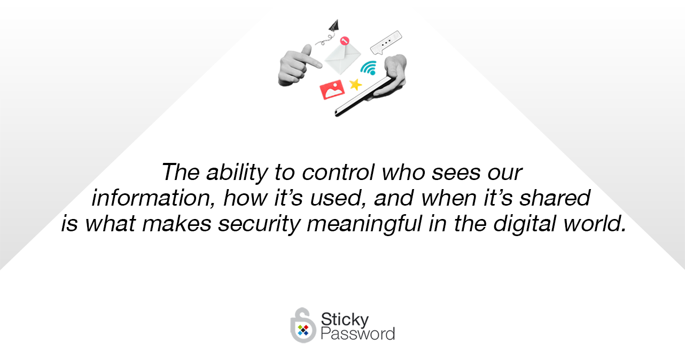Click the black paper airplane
[x=334, y=26]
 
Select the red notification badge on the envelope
[x=345, y=41]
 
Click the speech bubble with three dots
[x=386, y=43]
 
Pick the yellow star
[x=355, y=84]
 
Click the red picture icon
[x=332, y=90]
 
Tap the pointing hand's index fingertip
[x=320, y=65]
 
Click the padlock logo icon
[x=302, y=325]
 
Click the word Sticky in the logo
[x=345, y=319]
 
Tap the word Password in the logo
[x=358, y=333]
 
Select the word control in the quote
[x=338, y=173]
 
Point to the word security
[x=259, y=224]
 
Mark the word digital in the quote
[x=524, y=224]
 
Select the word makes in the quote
[x=177, y=224]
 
